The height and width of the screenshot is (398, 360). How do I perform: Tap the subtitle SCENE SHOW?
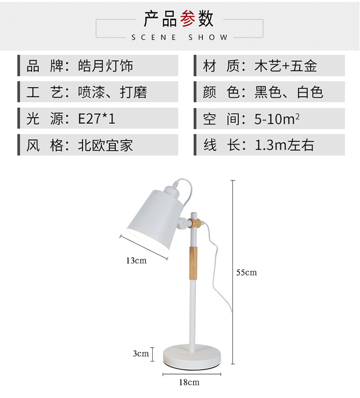tap(179, 37)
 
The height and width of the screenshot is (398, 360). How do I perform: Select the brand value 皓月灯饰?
tap(106, 66)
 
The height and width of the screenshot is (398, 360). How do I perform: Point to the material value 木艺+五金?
tap(286, 66)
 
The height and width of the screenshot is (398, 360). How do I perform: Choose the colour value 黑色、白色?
tap(289, 92)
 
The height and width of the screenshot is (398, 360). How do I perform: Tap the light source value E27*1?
tap(96, 119)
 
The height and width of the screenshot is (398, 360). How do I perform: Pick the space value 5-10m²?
tap(277, 119)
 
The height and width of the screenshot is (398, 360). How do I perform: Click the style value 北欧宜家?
tap(106, 145)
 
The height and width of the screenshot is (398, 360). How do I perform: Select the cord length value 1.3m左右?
tap(284, 145)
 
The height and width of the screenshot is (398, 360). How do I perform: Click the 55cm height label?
tap(246, 273)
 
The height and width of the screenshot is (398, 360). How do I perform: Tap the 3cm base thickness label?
tap(141, 354)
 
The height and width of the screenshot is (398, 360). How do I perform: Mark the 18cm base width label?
tap(190, 382)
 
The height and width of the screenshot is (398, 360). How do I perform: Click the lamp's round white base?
tap(192, 355)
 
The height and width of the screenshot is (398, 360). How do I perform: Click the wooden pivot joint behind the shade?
tap(194, 223)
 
